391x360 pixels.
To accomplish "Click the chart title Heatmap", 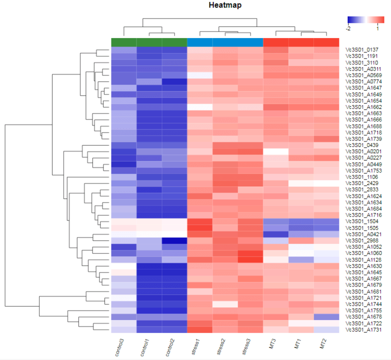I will coord(225,5).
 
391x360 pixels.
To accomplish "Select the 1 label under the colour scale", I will coord(376,28).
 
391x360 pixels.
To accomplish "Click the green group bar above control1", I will coord(149,42).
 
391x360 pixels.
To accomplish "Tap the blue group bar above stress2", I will coord(225,42).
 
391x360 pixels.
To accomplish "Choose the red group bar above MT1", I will coord(301,42).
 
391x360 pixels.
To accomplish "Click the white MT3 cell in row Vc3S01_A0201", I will coord(275,151).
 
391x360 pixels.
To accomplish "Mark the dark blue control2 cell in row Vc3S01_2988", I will coord(174,240).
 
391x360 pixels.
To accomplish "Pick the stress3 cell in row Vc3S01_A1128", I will coord(250,259).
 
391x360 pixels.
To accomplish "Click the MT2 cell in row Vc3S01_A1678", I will coord(326,316).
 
